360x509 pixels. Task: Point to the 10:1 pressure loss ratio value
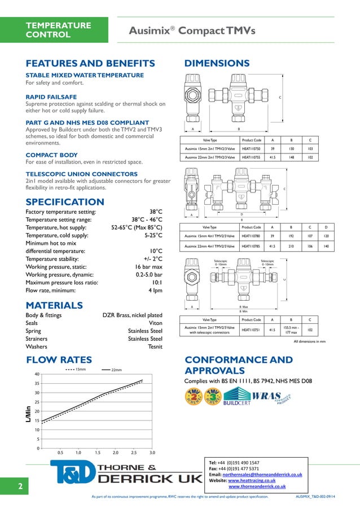coord(156,282)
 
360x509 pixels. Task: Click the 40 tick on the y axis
coord(36,374)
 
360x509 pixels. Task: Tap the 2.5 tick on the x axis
coord(134,453)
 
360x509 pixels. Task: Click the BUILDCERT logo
coord(236,400)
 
